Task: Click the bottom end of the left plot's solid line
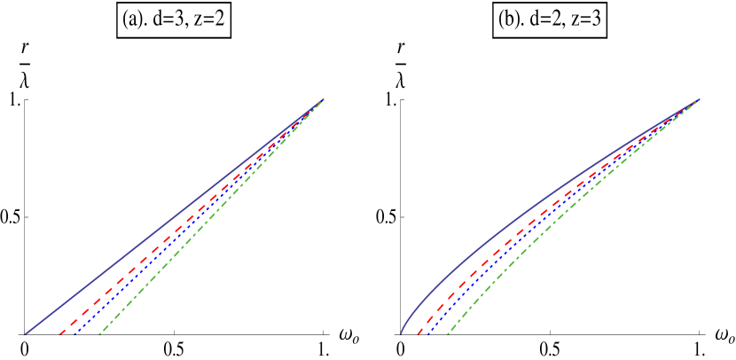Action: click(x=26, y=333)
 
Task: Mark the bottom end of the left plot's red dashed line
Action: click(x=59, y=334)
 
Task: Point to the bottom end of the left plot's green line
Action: click(x=99, y=334)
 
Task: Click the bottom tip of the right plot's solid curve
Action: click(x=401, y=334)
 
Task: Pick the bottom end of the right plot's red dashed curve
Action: click(x=417, y=334)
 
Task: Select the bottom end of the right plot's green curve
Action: click(x=448, y=334)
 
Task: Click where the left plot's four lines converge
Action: click(x=322, y=99)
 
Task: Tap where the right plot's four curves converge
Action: click(x=699, y=99)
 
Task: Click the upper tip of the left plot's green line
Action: click(x=323, y=99)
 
